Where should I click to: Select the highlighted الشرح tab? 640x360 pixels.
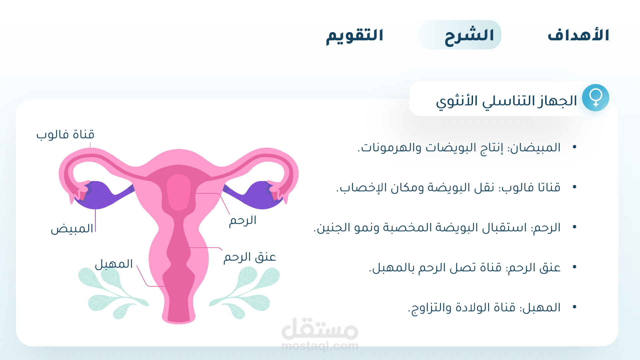(460, 35)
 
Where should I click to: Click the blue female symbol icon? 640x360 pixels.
(596, 98)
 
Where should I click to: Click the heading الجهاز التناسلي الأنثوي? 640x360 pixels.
(506, 101)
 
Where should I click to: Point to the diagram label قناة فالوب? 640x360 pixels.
(65, 135)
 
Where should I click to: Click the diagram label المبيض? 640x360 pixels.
(72, 229)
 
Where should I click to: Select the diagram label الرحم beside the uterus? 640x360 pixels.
(243, 220)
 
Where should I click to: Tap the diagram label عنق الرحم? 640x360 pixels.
(250, 257)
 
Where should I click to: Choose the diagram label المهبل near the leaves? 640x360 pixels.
(114, 264)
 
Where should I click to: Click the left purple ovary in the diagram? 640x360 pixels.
(97, 195)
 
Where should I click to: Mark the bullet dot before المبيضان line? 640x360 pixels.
(574, 147)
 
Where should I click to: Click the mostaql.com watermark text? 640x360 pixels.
(320, 346)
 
